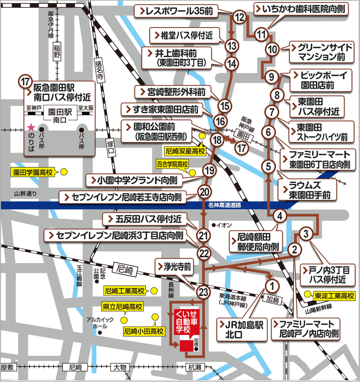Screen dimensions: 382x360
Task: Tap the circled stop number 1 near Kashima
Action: click(x=273, y=286)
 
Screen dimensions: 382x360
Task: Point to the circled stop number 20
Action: click(x=204, y=192)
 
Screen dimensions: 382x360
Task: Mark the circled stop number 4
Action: click(x=280, y=216)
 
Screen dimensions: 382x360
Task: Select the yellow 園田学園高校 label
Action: click(x=32, y=172)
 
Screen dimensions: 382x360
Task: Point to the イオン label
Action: click(x=225, y=225)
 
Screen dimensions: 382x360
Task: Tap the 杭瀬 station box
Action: click(x=195, y=367)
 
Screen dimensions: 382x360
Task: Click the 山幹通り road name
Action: click(x=26, y=194)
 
